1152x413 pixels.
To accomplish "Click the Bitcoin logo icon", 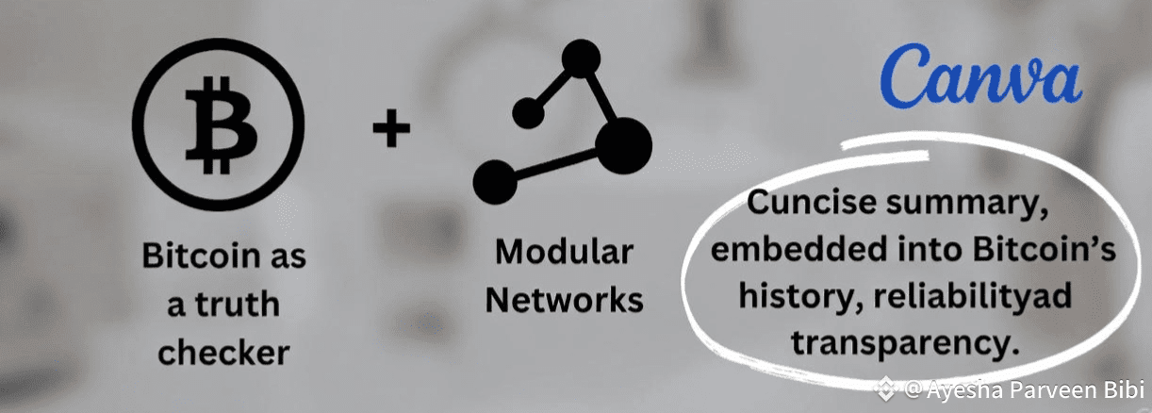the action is click(218, 126).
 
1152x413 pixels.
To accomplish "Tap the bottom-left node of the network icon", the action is click(496, 181).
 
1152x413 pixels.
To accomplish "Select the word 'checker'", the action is click(222, 353).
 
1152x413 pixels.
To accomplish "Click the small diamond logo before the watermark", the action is click(885, 388).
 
